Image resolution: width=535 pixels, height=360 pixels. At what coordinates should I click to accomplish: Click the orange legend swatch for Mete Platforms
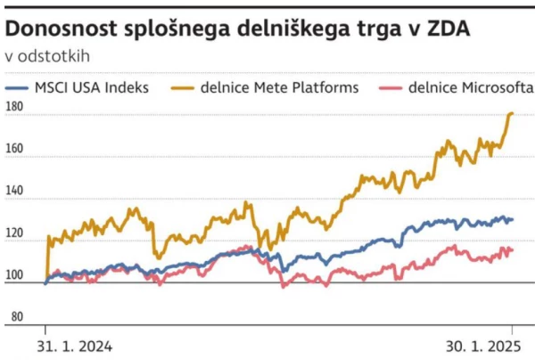tap(185, 87)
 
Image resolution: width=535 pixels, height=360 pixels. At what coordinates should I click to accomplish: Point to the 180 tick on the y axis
tap(15, 108)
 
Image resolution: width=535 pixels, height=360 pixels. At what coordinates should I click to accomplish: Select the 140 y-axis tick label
tap(15, 192)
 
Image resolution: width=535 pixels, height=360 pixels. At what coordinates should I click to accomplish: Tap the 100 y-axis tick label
tap(15, 274)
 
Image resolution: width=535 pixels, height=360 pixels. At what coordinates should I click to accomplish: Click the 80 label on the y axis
tap(13, 316)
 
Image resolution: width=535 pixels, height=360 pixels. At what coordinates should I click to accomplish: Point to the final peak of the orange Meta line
tap(511, 113)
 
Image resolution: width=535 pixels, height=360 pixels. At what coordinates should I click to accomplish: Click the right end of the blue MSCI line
tap(513, 219)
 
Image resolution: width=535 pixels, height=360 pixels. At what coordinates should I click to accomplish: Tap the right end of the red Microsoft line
tap(513, 250)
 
